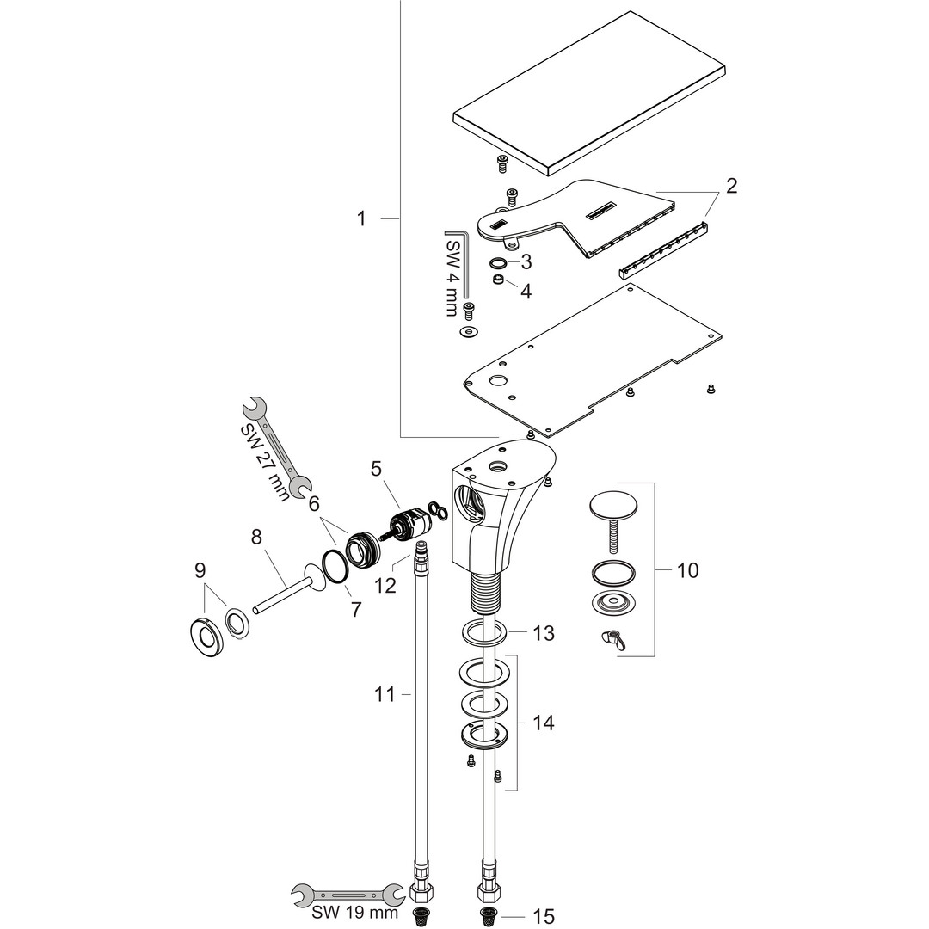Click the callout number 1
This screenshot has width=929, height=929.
point(361,219)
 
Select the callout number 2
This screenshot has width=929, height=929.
point(730,185)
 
